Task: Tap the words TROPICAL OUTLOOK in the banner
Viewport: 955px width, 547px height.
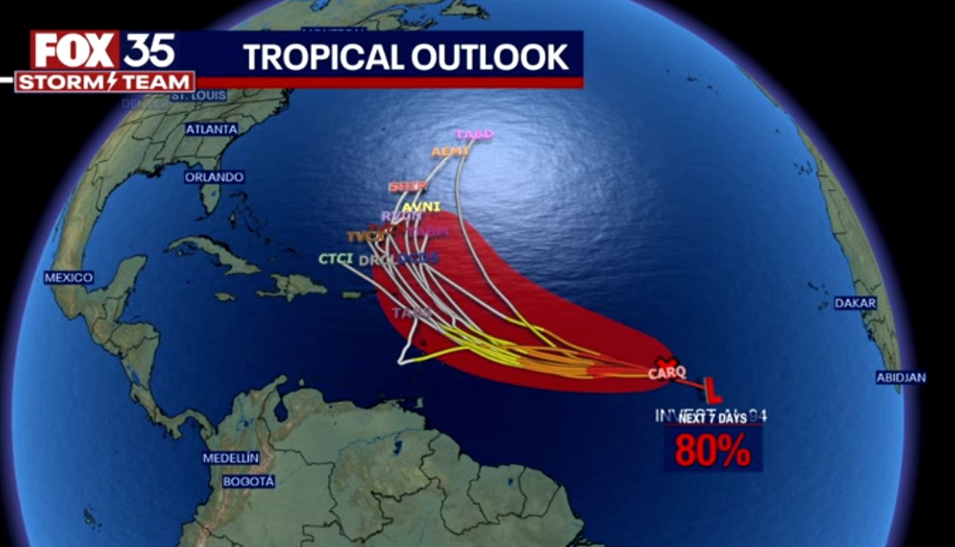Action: click(405, 57)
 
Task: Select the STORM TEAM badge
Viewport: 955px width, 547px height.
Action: click(105, 82)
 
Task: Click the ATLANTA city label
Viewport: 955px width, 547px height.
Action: click(211, 130)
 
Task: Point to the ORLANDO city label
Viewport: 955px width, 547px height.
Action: click(214, 177)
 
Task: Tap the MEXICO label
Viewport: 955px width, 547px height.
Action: click(69, 278)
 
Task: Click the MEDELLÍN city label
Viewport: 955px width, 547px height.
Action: click(231, 458)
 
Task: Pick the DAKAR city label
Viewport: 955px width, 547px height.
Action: click(855, 304)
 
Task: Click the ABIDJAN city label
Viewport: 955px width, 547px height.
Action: click(902, 377)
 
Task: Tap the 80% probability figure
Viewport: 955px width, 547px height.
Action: click(712, 451)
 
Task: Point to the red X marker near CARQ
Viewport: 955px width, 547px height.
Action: click(664, 363)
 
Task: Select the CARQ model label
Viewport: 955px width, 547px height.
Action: click(667, 374)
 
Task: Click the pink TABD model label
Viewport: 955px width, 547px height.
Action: click(475, 135)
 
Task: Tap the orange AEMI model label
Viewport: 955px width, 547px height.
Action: click(450, 152)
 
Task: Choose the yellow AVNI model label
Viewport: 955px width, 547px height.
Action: click(421, 207)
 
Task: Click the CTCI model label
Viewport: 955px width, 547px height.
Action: click(336, 259)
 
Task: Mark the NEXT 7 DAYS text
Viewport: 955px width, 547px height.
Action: click(712, 418)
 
